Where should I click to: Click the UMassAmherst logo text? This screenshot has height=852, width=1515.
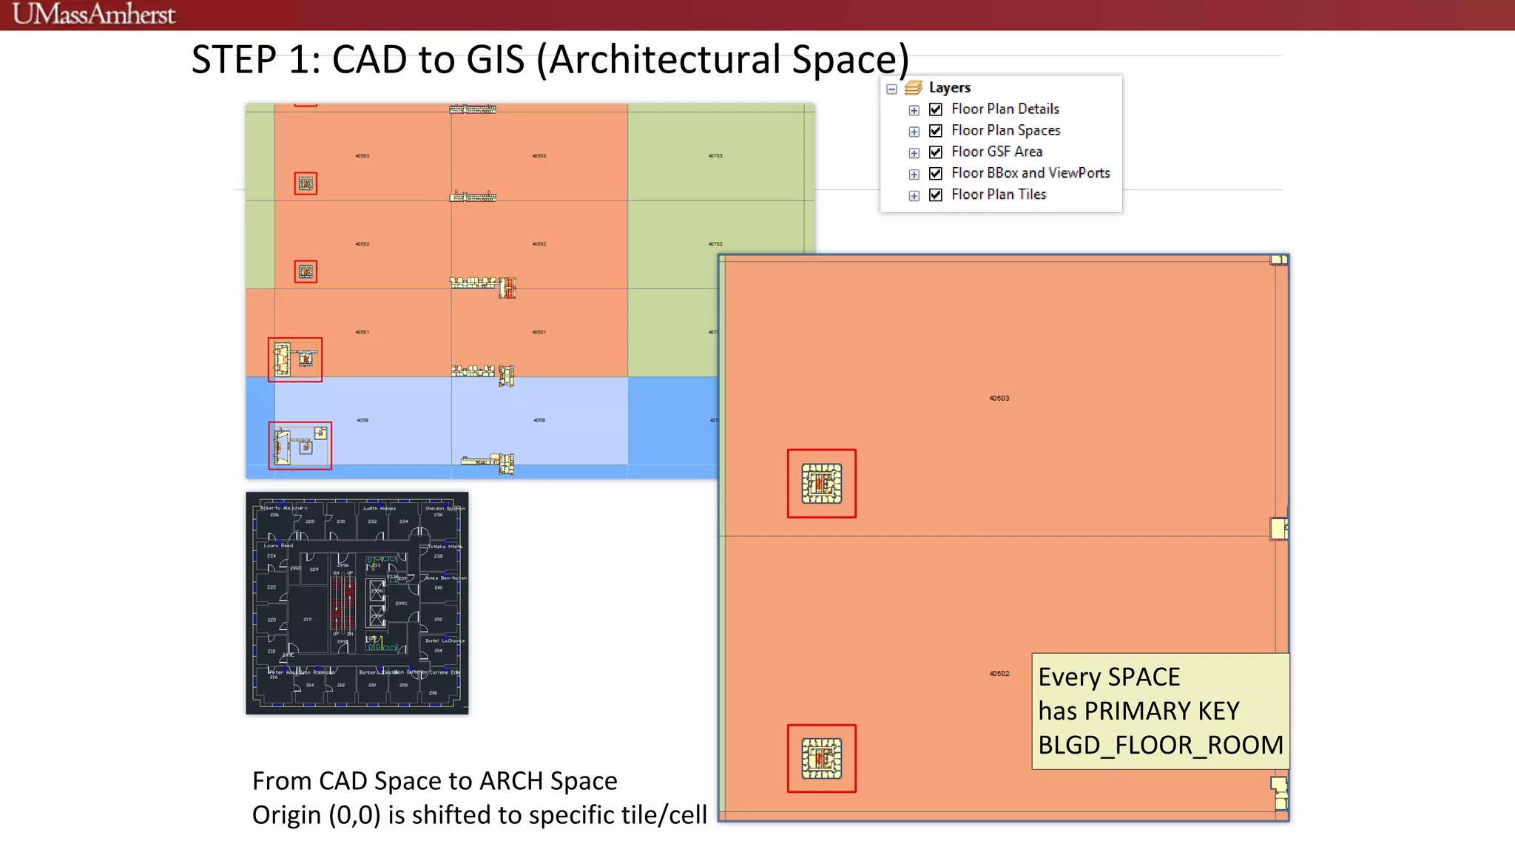(94, 14)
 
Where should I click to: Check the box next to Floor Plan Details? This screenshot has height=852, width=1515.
(936, 109)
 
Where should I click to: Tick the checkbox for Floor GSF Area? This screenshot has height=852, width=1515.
(936, 152)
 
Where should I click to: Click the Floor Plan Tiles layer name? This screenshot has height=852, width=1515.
(998, 195)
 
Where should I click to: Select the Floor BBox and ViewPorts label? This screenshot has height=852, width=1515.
(1030, 173)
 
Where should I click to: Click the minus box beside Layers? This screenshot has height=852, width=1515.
(891, 89)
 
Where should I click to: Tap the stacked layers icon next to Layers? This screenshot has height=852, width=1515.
(914, 88)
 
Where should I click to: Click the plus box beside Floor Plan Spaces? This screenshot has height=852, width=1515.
(914, 132)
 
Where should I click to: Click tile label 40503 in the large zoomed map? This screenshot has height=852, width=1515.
(999, 399)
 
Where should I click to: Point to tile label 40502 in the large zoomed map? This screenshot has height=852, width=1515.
(999, 674)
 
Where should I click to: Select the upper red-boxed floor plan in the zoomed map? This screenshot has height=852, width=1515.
(821, 484)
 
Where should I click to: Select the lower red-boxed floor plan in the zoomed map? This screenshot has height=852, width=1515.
(821, 759)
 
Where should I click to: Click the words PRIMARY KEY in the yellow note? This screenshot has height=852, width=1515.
(1161, 711)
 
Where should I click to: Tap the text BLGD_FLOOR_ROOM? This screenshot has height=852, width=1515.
(1160, 745)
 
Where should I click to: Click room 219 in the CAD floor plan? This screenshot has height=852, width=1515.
(307, 618)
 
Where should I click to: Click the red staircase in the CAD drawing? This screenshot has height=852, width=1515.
(343, 603)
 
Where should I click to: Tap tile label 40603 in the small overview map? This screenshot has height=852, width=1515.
(539, 156)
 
